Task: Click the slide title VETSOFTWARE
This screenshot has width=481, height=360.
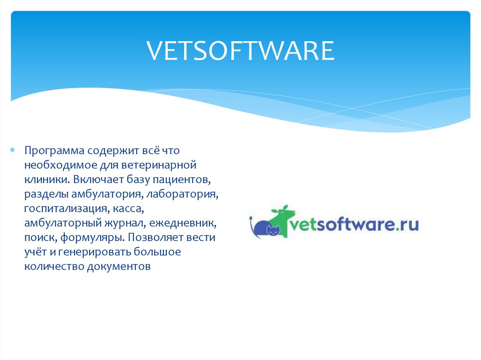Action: click(240, 51)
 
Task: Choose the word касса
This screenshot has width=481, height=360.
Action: click(133, 208)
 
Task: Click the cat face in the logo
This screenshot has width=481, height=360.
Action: click(273, 230)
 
